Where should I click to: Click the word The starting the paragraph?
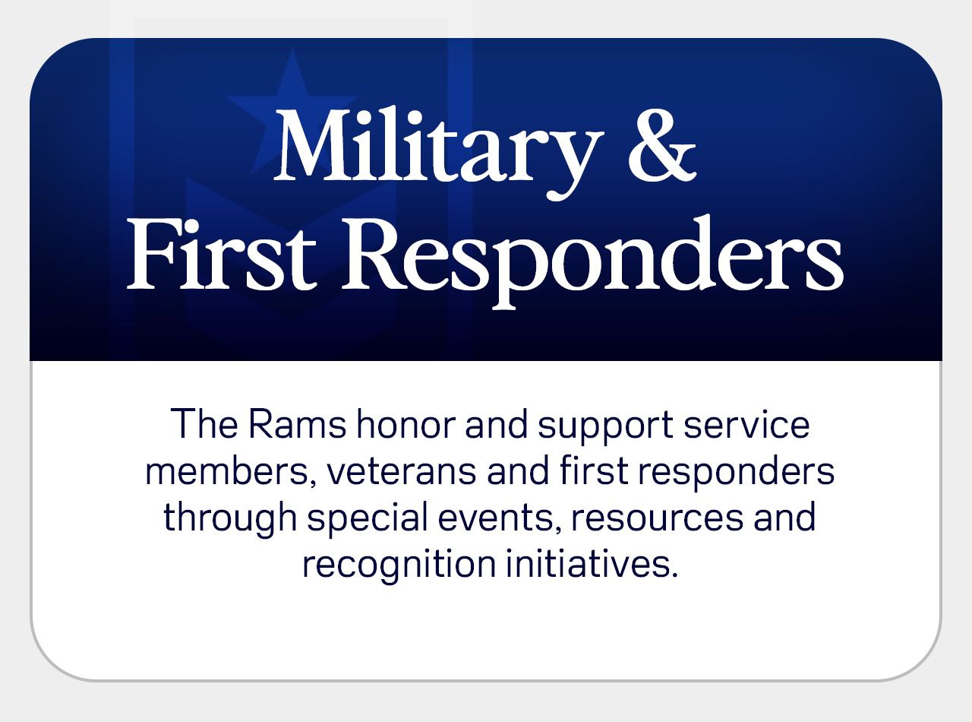click(204, 423)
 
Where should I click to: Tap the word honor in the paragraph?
click(406, 423)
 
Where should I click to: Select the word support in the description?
click(605, 428)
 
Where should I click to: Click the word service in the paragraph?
click(746, 423)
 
